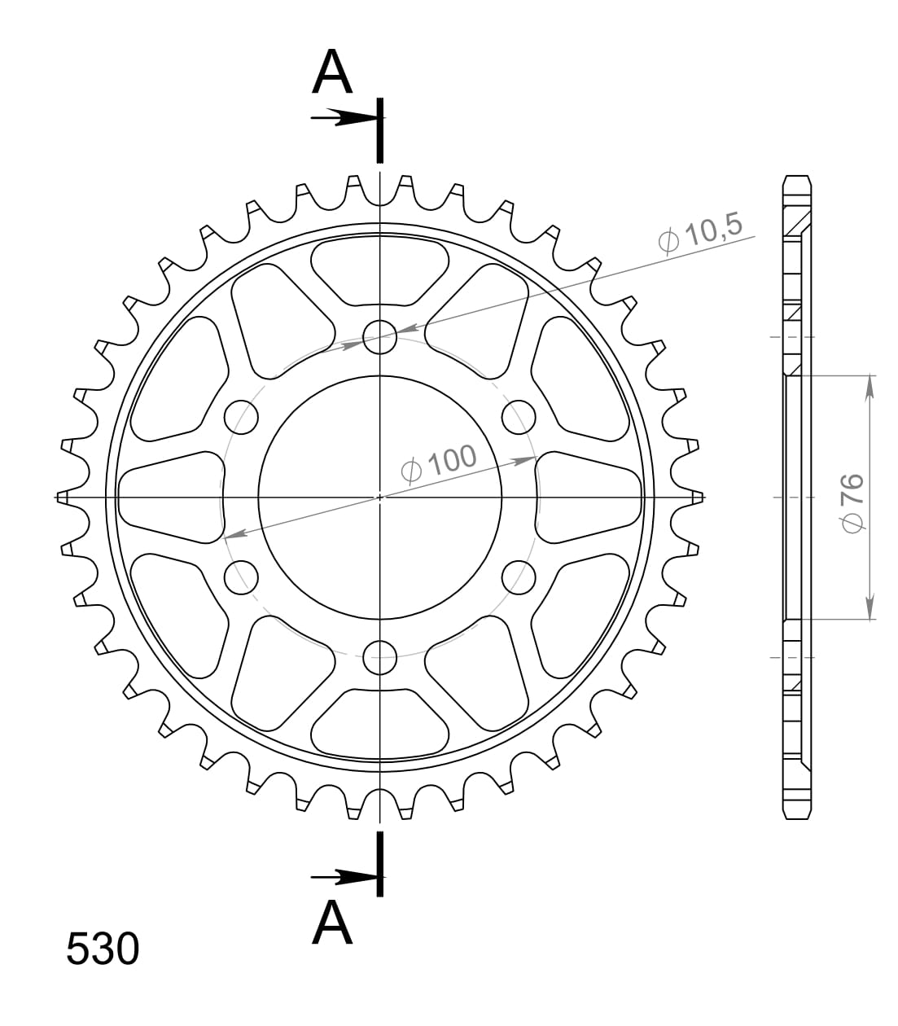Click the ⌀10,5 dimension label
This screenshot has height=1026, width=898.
(x=700, y=235)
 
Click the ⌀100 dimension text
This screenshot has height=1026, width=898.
(x=439, y=464)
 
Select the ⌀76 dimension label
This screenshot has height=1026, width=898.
(x=853, y=503)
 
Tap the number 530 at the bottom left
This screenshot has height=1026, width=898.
(x=103, y=949)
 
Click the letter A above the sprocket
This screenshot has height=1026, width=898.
(x=332, y=72)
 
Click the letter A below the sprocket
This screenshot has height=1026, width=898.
(x=332, y=922)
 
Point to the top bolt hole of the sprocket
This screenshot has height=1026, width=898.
(x=380, y=337)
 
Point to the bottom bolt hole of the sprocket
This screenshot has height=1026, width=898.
(x=380, y=657)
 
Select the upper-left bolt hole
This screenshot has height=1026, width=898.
(x=241, y=417)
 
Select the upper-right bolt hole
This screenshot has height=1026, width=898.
(x=519, y=417)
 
